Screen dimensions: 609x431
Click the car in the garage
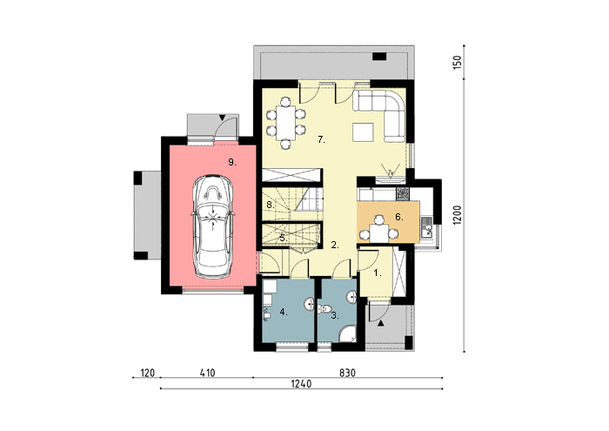pyautogui.click(x=213, y=226)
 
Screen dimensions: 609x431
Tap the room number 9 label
pyautogui.click(x=232, y=163)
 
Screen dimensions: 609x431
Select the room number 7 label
pyautogui.click(x=321, y=139)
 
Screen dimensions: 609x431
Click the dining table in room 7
pyautogui.click(x=286, y=123)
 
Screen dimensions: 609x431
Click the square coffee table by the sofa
pyautogui.click(x=363, y=131)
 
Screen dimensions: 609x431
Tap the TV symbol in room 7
pyautogui.click(x=391, y=172)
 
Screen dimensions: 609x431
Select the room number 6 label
pyautogui.click(x=398, y=217)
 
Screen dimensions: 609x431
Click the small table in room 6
pyautogui.click(x=379, y=233)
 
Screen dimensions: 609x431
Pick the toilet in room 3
pyautogui.click(x=325, y=310)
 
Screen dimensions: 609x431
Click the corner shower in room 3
pyautogui.click(x=348, y=333)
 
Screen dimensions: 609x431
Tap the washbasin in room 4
pyautogui.click(x=309, y=304)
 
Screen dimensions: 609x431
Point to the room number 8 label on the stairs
pyautogui.click(x=271, y=205)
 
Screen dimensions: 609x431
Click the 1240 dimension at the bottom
pyautogui.click(x=301, y=384)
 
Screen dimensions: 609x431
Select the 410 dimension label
pyautogui.click(x=207, y=373)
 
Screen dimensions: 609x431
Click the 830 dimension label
pyautogui.click(x=347, y=373)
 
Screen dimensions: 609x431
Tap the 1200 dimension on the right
pyautogui.click(x=458, y=215)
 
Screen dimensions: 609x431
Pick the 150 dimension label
pyautogui.click(x=458, y=63)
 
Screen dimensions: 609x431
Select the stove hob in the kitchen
pyautogui.click(x=402, y=193)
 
